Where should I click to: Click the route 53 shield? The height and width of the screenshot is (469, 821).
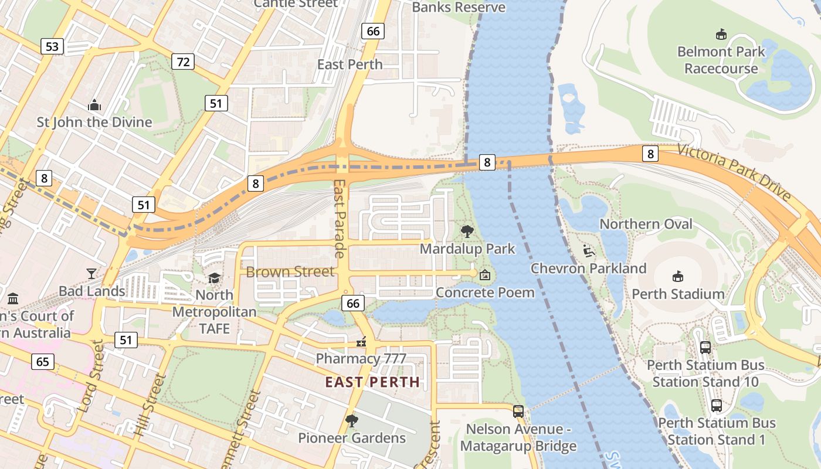tap(52, 46)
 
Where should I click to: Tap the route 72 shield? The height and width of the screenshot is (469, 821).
tap(184, 61)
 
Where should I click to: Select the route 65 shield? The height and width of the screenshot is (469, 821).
tap(43, 361)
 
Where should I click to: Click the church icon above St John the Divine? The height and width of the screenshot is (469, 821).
tap(94, 106)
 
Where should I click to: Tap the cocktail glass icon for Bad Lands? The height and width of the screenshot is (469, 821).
tap(91, 273)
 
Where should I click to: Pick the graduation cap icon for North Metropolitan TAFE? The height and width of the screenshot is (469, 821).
tap(215, 277)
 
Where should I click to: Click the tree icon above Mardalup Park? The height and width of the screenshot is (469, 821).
tap(467, 231)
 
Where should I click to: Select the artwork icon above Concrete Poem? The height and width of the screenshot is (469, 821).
tap(485, 274)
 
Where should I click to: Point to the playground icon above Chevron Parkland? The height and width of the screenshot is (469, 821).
tap(589, 251)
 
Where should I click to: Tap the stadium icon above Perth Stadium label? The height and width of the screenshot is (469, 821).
tap(678, 276)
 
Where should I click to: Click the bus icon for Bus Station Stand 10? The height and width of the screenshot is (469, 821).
tap(705, 347)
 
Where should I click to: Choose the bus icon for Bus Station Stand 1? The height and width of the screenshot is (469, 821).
tap(716, 405)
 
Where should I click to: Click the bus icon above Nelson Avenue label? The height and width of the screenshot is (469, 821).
tap(518, 412)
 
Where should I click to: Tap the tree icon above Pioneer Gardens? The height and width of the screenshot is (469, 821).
tap(351, 420)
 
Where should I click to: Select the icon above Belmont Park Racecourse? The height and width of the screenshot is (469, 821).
tap(721, 35)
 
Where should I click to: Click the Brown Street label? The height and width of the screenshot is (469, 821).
tap(290, 271)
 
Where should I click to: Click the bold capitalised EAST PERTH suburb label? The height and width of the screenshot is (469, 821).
tap(372, 382)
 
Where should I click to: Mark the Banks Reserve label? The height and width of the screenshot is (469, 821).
tap(458, 7)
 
